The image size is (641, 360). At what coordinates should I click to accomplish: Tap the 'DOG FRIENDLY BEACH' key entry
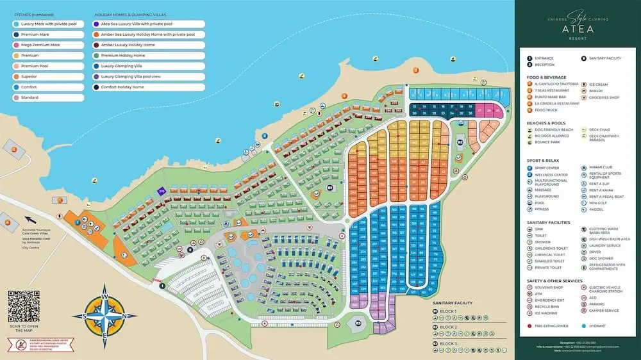tap(550, 129)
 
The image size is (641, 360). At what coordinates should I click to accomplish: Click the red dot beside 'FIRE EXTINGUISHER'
tap(529, 326)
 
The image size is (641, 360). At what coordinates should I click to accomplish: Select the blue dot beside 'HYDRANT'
tap(584, 326)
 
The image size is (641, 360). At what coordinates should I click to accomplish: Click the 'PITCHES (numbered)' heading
tap(33, 13)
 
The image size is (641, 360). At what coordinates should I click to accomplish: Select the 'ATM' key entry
tap(537, 293)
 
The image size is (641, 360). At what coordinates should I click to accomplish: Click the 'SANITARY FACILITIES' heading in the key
tap(546, 222)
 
